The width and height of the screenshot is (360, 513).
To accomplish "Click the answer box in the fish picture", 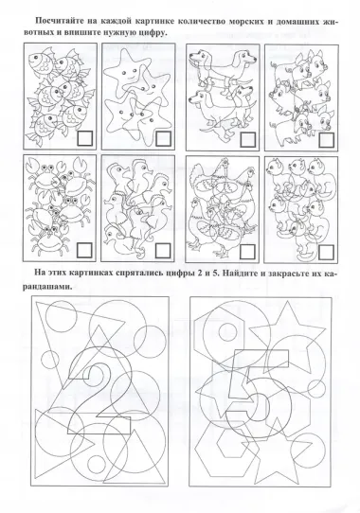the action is click(x=85, y=138).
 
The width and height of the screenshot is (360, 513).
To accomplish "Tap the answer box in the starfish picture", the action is click(x=164, y=138).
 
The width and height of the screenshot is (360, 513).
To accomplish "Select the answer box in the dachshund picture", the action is click(x=247, y=139).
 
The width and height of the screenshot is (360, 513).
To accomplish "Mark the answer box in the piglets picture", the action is click(x=326, y=140).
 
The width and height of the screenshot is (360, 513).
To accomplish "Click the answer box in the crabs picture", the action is click(x=85, y=250).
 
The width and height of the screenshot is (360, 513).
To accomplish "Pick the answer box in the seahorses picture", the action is click(x=163, y=251).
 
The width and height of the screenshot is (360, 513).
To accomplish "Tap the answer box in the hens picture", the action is click(x=247, y=251).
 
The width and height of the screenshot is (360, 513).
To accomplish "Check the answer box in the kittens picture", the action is click(x=326, y=252).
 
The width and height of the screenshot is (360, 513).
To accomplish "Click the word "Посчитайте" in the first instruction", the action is click(x=60, y=21).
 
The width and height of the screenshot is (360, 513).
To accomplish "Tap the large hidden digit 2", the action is click(x=99, y=390).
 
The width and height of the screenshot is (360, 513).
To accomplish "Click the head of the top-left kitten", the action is click(x=273, y=167).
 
